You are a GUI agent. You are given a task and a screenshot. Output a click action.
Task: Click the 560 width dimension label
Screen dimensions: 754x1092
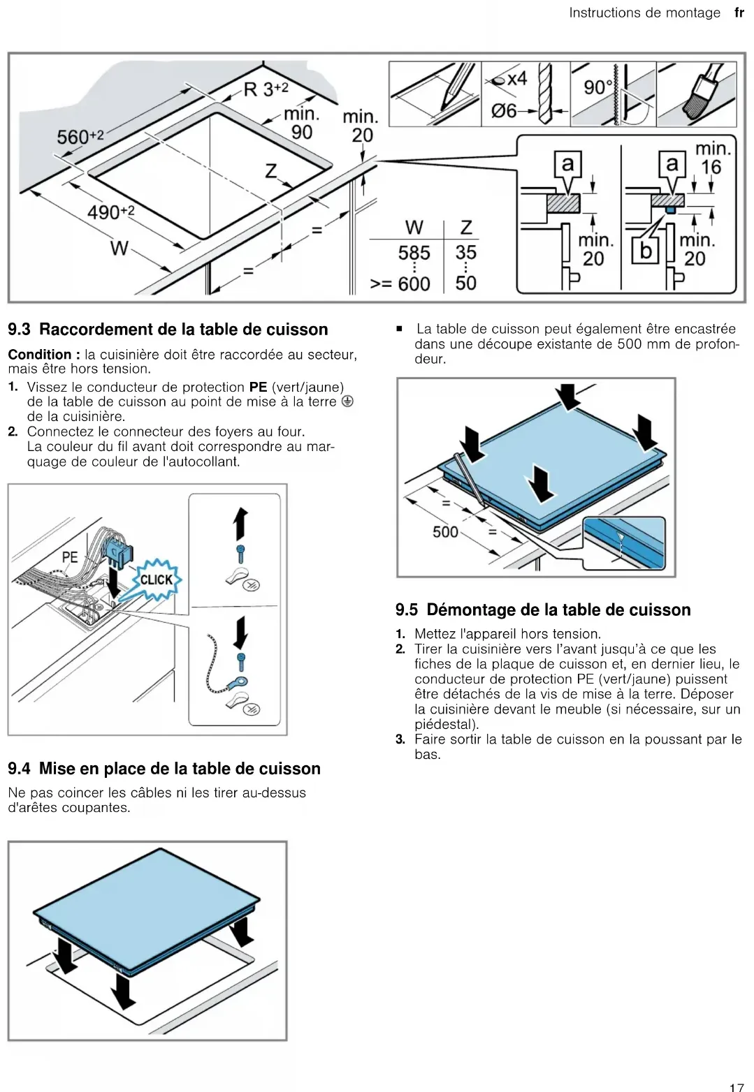click(x=79, y=136)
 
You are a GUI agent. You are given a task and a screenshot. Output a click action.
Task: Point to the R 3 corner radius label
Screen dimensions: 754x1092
click(x=265, y=89)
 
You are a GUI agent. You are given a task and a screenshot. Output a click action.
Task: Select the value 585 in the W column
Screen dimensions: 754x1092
click(x=414, y=253)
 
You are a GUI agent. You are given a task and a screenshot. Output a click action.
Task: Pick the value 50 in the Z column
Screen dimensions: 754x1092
click(x=465, y=283)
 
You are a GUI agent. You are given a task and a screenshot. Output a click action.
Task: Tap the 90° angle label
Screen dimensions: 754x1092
click(x=597, y=87)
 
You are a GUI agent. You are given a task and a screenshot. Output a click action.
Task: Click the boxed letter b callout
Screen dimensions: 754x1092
click(x=646, y=251)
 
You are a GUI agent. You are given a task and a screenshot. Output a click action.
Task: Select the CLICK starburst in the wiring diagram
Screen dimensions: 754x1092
click(x=157, y=580)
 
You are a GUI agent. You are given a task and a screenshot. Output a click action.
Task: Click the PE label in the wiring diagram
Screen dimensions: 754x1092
click(x=70, y=557)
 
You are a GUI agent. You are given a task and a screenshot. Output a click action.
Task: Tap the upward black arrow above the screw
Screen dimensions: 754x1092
click(x=240, y=523)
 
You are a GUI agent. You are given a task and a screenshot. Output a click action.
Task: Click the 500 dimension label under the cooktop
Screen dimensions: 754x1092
click(x=445, y=532)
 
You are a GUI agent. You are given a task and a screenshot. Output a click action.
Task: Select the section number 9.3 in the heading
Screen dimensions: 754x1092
click(x=19, y=330)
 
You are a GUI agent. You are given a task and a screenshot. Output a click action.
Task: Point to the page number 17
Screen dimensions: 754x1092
click(x=737, y=1087)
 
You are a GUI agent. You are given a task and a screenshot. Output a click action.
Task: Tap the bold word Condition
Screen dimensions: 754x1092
click(x=39, y=355)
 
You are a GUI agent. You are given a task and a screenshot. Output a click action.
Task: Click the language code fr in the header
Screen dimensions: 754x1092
click(x=739, y=13)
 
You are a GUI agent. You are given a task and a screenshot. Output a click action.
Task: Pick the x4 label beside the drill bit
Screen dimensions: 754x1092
click(x=516, y=79)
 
